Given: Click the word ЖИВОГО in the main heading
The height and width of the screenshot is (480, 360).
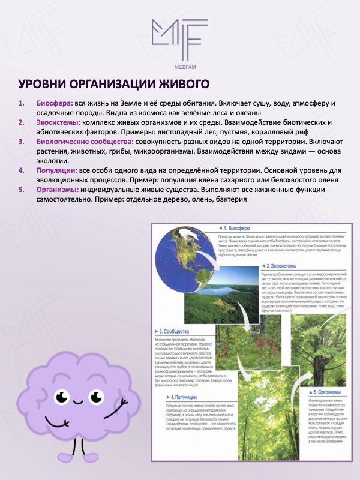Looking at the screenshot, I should [179, 83].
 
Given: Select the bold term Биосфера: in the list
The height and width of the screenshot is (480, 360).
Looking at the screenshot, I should [55, 103].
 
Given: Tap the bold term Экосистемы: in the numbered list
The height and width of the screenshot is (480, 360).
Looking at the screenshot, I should [59, 122].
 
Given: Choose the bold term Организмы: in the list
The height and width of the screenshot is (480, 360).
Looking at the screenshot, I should [58, 190].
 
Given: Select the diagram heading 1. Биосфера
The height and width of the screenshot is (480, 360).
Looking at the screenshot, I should [231, 229].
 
